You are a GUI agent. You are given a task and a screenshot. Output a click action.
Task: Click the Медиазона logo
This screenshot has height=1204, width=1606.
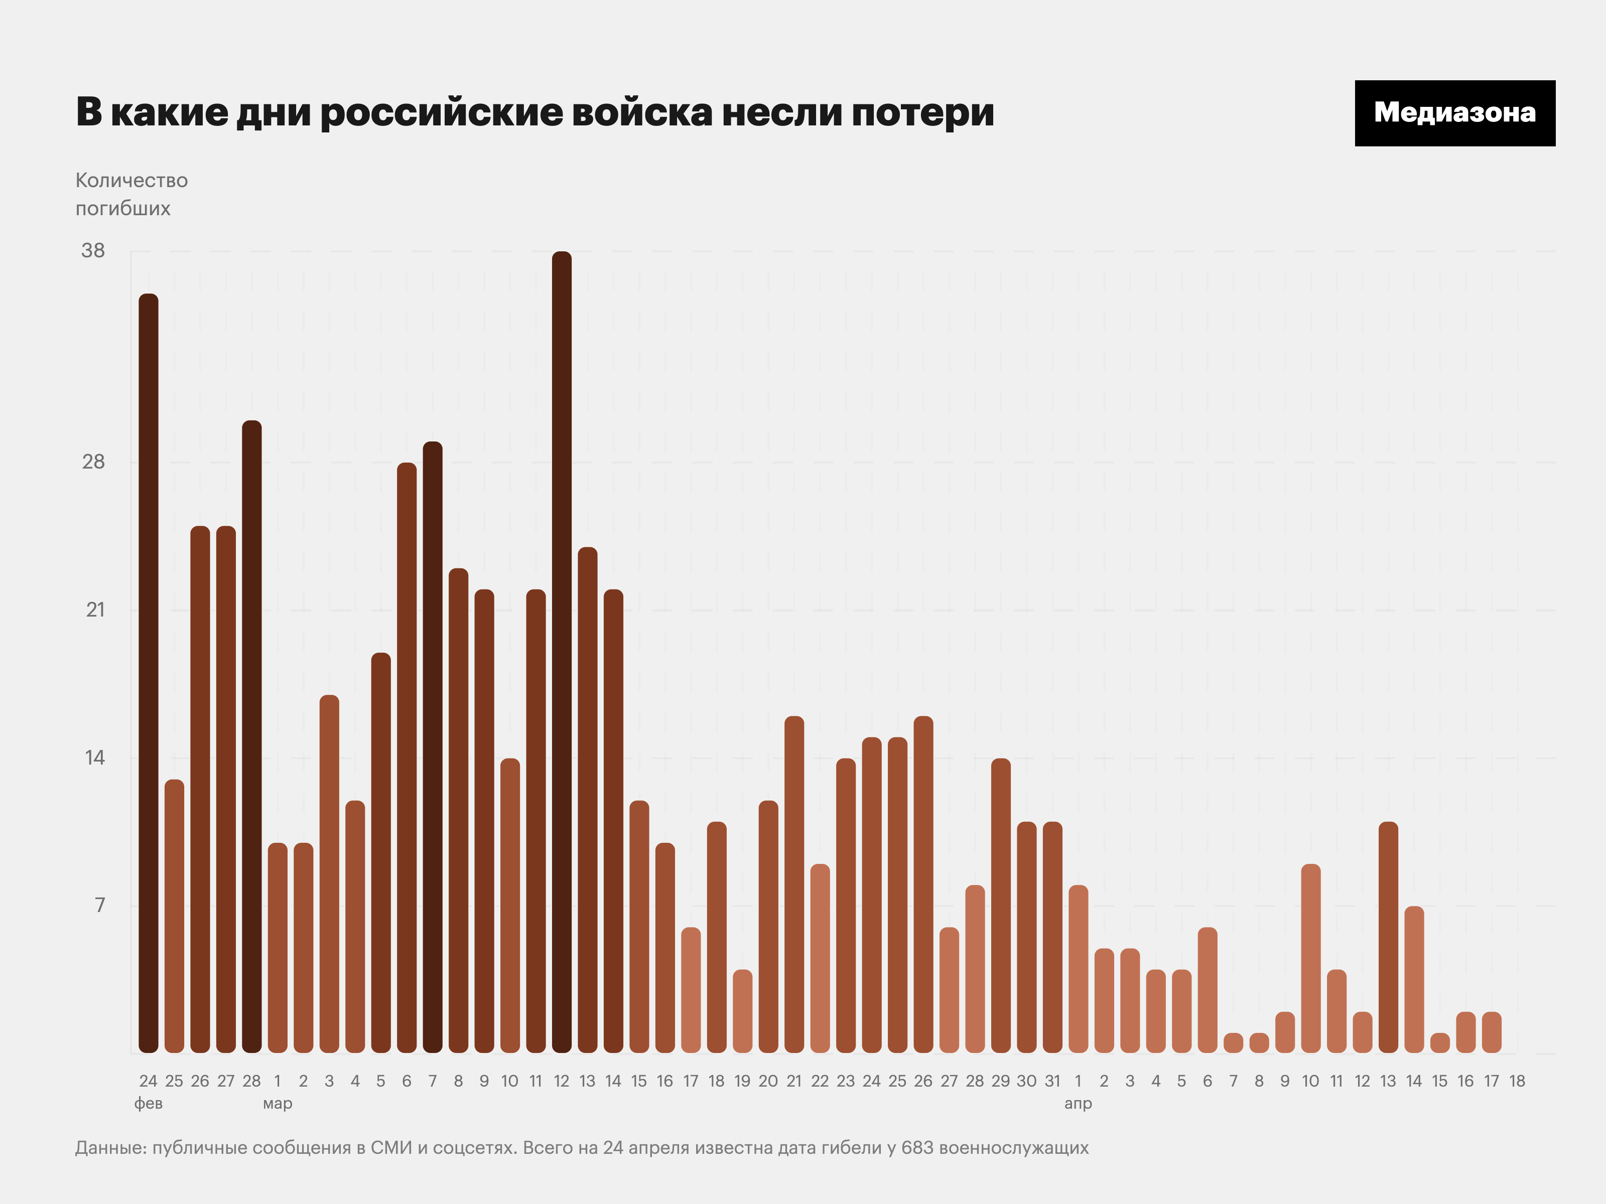pos(1454,113)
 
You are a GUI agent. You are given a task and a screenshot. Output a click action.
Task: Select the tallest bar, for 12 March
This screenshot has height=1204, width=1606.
pos(561,653)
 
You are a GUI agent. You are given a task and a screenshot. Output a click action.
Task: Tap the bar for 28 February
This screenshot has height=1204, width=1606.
pos(251,736)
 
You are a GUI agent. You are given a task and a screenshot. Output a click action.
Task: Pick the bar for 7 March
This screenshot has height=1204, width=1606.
pos(432,747)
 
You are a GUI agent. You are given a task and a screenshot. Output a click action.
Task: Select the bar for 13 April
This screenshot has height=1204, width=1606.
pos(1388,938)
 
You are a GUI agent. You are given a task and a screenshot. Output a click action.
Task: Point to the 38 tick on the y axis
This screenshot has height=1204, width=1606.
pos(93,251)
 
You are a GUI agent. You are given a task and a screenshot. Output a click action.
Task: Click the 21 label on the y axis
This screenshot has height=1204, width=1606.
pos(95,610)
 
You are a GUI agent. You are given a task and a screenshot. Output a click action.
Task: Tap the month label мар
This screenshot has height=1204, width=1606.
pos(278,1104)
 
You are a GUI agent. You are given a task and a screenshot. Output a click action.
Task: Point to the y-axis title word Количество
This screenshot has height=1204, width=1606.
pos(131,181)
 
